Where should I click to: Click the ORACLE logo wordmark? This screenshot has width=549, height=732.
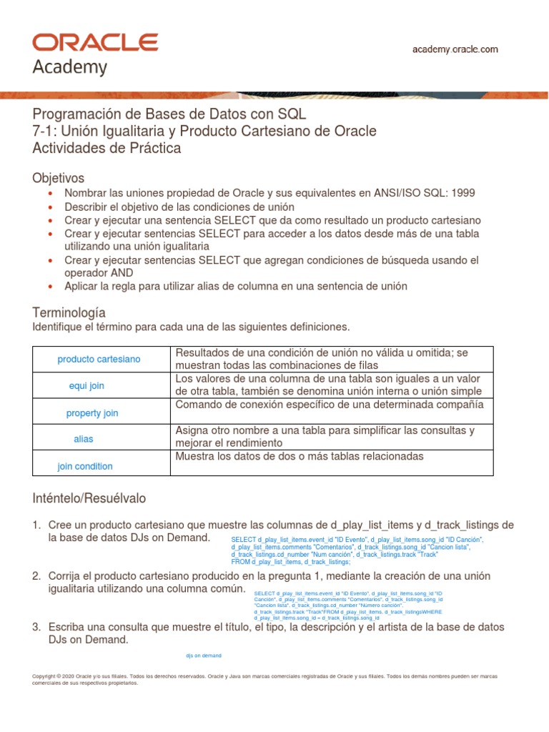(x=96, y=42)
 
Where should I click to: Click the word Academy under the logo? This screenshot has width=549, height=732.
(x=70, y=68)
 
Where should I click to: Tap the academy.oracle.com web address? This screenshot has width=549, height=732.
(x=455, y=49)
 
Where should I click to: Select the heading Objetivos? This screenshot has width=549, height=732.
(x=59, y=177)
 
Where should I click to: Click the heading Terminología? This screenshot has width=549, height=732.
(x=69, y=312)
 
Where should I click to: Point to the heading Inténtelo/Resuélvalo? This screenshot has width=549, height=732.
(x=89, y=497)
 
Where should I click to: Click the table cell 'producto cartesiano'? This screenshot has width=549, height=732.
(x=99, y=359)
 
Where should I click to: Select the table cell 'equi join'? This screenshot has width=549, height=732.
(x=86, y=386)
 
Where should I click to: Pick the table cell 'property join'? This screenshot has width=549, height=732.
(x=92, y=413)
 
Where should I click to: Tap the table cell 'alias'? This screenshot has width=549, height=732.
(x=83, y=439)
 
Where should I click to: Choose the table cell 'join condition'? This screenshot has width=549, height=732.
(x=85, y=466)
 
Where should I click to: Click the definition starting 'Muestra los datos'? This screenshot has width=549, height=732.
(x=299, y=456)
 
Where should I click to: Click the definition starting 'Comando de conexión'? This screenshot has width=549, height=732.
(x=329, y=405)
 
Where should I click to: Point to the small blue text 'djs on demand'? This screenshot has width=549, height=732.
(x=204, y=655)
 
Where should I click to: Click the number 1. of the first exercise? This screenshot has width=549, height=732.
(x=37, y=525)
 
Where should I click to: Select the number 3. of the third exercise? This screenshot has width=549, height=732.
(x=37, y=627)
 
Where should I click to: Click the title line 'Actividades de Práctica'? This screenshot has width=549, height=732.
(x=107, y=149)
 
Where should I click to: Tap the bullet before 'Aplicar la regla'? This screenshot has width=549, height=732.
(x=49, y=287)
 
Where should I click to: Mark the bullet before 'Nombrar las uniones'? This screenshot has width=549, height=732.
(x=49, y=194)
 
